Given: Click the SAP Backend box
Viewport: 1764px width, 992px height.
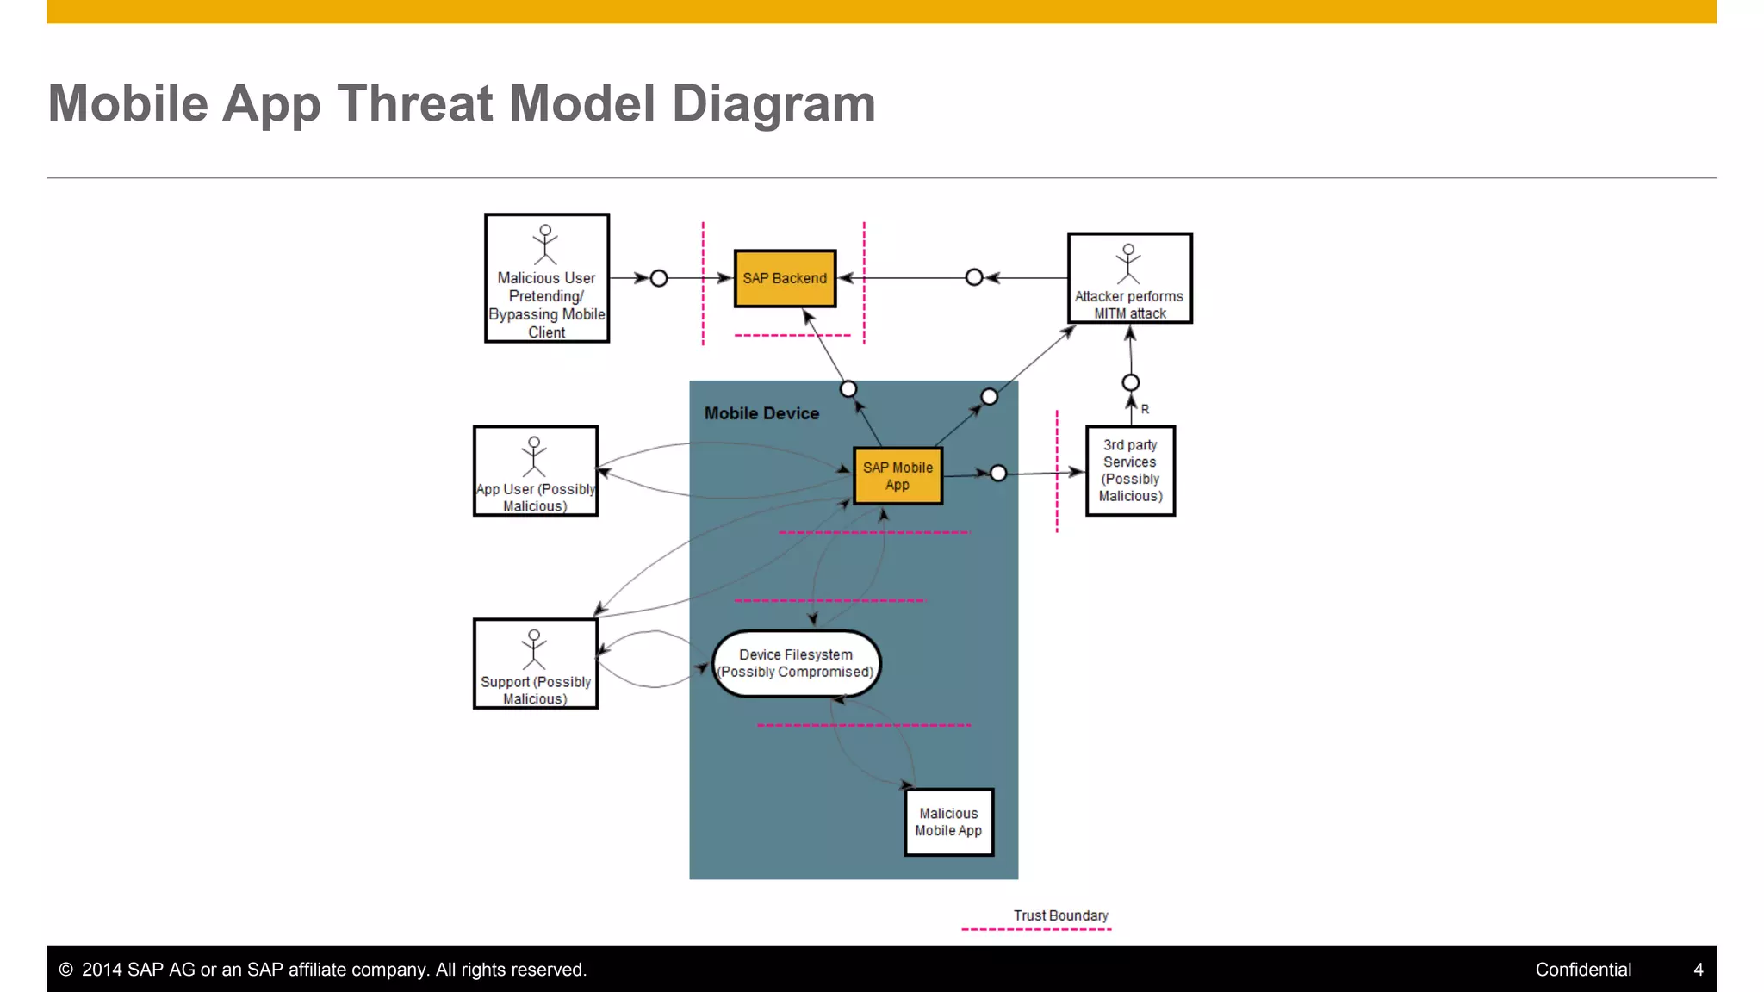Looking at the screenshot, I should tap(785, 278).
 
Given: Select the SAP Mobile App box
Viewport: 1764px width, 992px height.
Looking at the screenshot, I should tap(898, 475).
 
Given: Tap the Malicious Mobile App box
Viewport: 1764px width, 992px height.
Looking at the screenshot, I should tap(948, 821).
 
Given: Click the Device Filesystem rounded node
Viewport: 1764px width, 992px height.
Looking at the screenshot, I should tap(796, 663).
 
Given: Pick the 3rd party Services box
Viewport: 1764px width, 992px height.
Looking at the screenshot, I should tap(1130, 470).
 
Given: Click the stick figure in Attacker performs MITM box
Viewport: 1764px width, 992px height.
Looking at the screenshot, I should tap(1128, 263).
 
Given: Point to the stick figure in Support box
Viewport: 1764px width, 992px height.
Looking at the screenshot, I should tap(534, 649).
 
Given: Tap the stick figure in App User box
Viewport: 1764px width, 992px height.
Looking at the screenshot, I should tap(534, 456).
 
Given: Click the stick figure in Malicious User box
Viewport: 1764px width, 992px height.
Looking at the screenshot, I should tap(545, 245).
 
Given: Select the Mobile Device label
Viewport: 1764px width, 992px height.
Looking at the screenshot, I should tap(761, 413).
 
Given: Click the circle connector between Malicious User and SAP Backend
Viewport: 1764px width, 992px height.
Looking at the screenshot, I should tap(659, 278).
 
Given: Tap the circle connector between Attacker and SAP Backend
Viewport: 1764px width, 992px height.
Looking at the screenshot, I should tap(974, 277).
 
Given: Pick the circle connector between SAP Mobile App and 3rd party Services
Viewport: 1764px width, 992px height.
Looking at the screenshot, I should tap(998, 473).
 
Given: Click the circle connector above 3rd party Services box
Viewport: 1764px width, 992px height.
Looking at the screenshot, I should tap(1131, 382).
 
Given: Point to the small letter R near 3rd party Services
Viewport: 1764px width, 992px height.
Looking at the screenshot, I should tap(1145, 409).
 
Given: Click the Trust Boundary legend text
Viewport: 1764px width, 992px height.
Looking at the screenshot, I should tap(1060, 915).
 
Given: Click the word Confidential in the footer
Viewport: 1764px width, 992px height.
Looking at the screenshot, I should tap(1583, 970).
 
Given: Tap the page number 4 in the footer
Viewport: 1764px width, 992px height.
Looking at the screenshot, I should tap(1698, 970).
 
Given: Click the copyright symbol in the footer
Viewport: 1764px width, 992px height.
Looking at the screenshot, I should tap(65, 970).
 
